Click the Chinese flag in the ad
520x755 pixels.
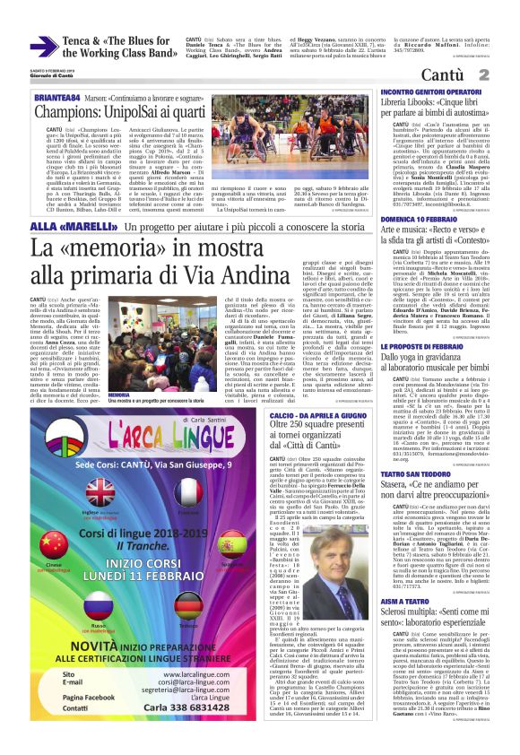(x=55, y=545)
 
